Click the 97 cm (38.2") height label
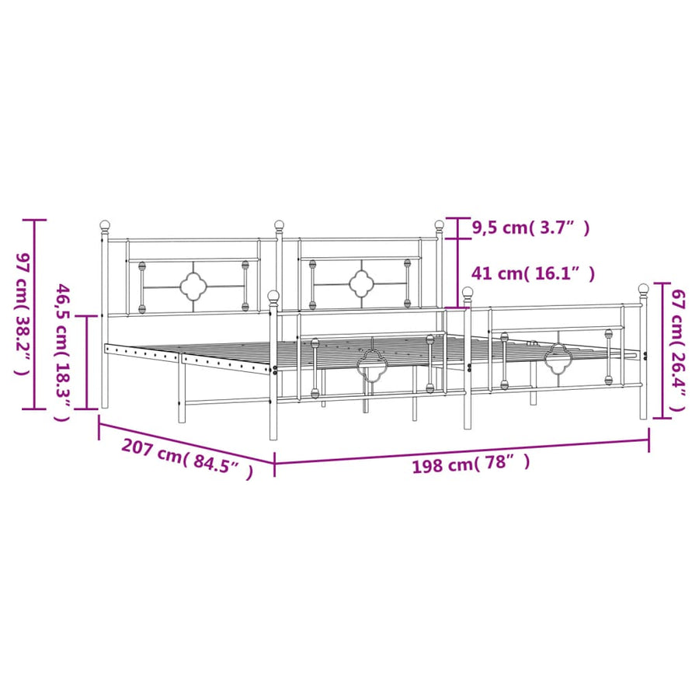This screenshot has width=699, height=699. [x=23, y=314]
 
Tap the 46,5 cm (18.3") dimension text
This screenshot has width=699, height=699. [x=62, y=352]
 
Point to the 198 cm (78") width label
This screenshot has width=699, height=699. [x=471, y=464]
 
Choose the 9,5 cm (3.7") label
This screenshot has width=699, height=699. [x=530, y=228]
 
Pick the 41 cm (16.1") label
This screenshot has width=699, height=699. [x=533, y=273]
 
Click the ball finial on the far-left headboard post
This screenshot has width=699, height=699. [x=105, y=225]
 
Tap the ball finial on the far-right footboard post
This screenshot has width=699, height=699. [x=643, y=288]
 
